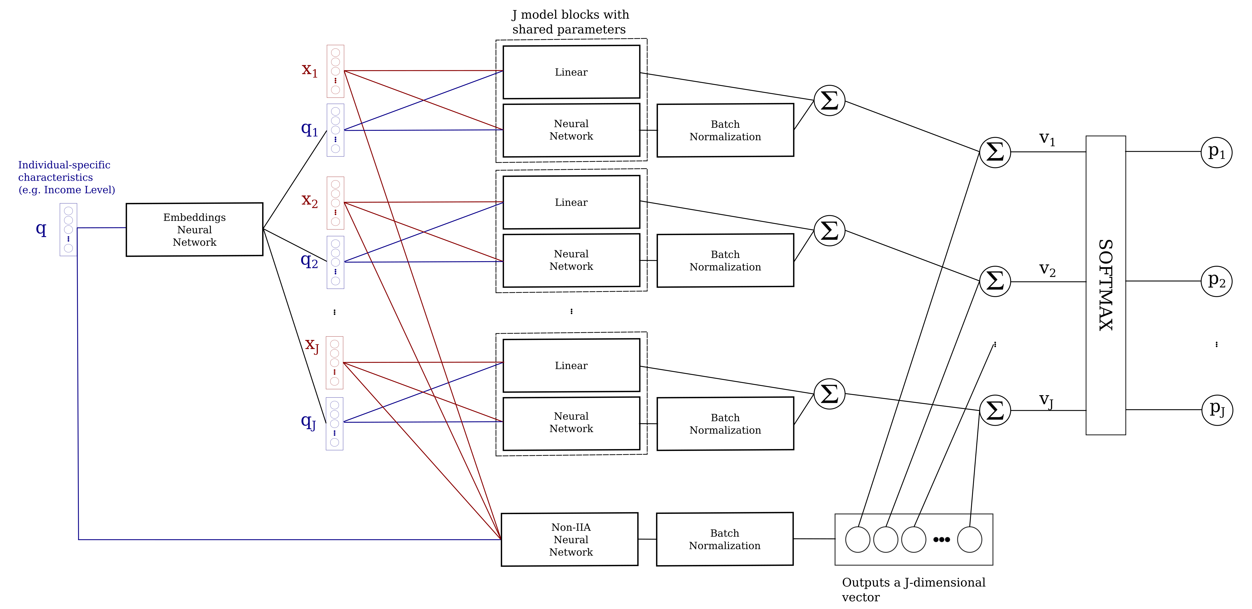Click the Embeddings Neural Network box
[x=195, y=229]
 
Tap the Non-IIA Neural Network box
[x=570, y=540]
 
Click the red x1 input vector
[x=335, y=71]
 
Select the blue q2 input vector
[x=335, y=263]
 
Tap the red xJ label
[x=312, y=345]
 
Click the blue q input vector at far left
[x=69, y=229]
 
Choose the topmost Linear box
[x=571, y=72]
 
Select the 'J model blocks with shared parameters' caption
[x=570, y=22]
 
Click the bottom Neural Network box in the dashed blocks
[x=571, y=423]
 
